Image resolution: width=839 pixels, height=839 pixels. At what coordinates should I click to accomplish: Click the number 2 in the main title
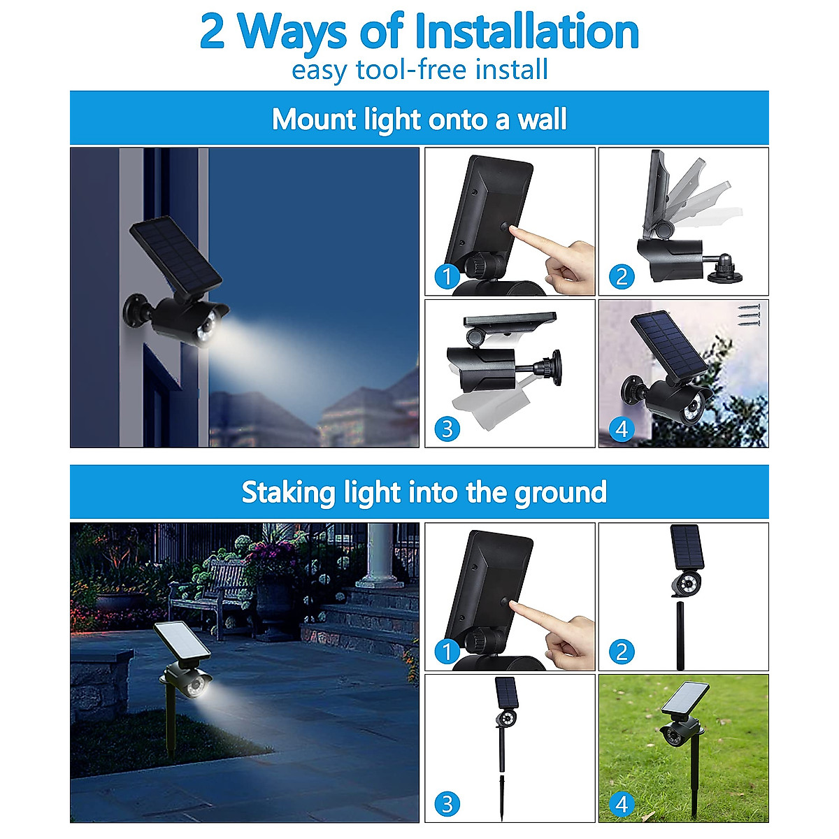213,33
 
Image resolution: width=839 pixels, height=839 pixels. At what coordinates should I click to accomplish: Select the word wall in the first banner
542,120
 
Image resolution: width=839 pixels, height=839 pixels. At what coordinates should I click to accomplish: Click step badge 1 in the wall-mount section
447,277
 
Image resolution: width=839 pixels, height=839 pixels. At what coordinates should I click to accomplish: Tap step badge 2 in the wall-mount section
622,277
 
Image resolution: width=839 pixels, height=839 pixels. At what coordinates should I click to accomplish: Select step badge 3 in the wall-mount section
447,428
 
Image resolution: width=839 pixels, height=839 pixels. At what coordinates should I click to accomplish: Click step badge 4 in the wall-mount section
622,428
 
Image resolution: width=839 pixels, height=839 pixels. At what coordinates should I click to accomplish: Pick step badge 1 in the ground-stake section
447,652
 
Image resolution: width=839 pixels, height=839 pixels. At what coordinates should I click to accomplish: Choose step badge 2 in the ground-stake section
622,652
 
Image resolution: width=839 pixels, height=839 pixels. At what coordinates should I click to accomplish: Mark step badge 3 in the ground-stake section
447,804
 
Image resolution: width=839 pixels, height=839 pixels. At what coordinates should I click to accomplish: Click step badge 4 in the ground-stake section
622,804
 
